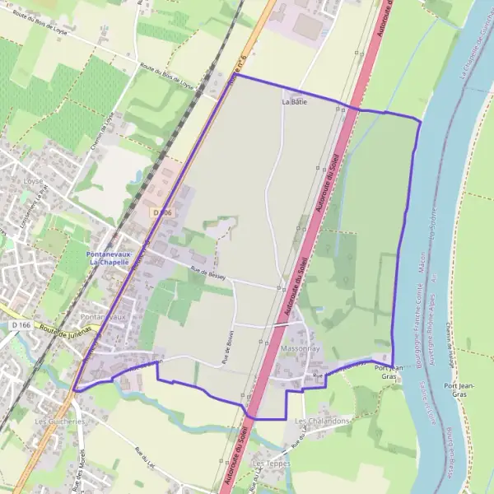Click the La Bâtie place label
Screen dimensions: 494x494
294,102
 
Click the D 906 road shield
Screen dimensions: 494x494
161,212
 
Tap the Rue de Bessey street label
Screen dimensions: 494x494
207,273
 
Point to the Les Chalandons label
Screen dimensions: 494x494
322,421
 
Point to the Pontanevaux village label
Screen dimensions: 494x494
102,316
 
